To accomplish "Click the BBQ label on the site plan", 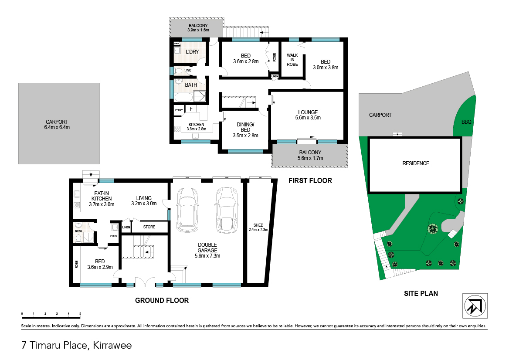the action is click(x=466, y=122).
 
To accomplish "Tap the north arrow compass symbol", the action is click(x=475, y=306).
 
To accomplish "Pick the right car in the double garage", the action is click(x=227, y=210).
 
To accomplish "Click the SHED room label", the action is click(x=258, y=225).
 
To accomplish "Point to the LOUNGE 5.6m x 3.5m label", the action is click(x=308, y=115).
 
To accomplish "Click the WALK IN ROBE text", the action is click(x=292, y=60).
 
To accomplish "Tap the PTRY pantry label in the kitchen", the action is click(x=179, y=110).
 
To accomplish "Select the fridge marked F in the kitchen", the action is click(x=191, y=109).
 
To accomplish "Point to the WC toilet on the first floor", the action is click(x=178, y=71).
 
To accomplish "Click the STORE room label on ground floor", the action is click(x=149, y=227).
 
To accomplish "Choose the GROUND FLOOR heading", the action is click(x=162, y=301).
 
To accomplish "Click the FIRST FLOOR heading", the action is click(x=310, y=181).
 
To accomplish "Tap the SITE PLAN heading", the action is click(x=421, y=293).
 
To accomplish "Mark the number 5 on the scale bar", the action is click(x=80, y=313).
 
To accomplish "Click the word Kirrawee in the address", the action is click(x=112, y=345).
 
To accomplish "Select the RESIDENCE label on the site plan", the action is click(x=416, y=163).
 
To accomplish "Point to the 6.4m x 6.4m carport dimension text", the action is click(x=57, y=127).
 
